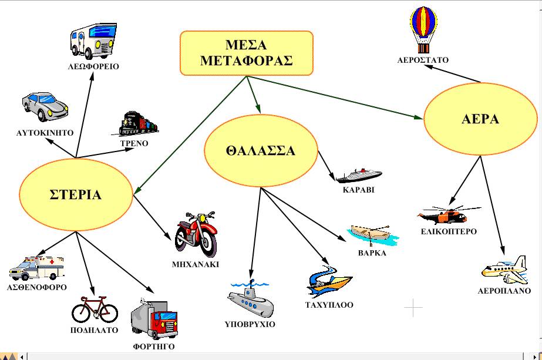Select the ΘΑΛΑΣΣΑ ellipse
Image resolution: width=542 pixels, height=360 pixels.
click(260, 151)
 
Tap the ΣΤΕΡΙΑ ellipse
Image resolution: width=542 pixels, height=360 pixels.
click(75, 195)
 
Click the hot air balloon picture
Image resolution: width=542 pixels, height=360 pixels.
click(423, 29)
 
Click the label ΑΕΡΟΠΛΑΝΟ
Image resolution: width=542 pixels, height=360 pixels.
click(504, 291)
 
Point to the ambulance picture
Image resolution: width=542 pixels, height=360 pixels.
click(36, 268)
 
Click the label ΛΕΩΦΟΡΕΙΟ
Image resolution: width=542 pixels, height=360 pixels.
click(93, 66)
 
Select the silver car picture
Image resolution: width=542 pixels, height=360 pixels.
click(45, 107)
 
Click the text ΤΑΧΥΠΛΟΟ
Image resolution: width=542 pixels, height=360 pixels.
click(329, 305)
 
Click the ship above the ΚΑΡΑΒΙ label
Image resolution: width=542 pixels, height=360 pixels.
click(358, 174)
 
